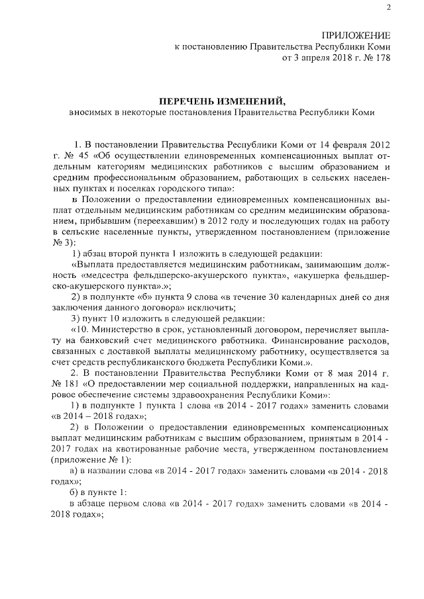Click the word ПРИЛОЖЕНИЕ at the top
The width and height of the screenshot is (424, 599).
point(356,34)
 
